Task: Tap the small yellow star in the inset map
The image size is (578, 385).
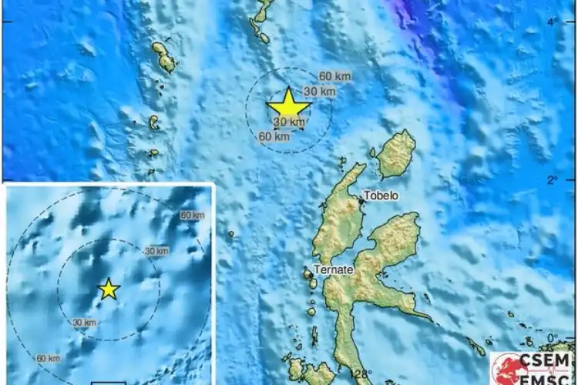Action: (x=109, y=289)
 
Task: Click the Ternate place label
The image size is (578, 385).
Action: (x=333, y=269)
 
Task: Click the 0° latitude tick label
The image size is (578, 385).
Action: (x=552, y=338)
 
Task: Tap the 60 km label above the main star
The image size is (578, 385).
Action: (x=334, y=75)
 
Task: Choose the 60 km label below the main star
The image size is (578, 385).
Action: (x=274, y=136)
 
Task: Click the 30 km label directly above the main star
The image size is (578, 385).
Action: (x=319, y=92)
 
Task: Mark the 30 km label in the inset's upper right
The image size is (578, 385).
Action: (x=156, y=251)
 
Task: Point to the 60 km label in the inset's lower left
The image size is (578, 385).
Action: (x=48, y=358)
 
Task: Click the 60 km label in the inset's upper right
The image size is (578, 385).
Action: (x=192, y=216)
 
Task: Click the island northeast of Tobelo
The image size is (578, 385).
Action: (x=396, y=154)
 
